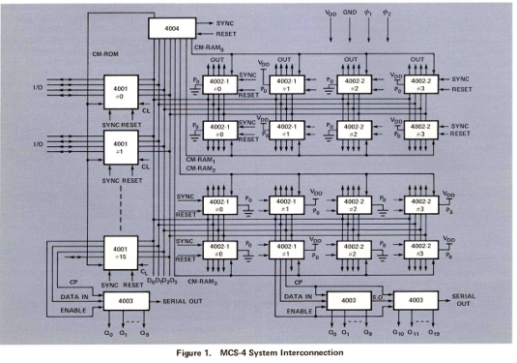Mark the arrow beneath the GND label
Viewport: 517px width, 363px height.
coord(351,32)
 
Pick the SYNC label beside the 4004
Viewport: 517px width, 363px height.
coord(213,22)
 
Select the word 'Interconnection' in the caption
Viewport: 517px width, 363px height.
coord(311,353)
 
